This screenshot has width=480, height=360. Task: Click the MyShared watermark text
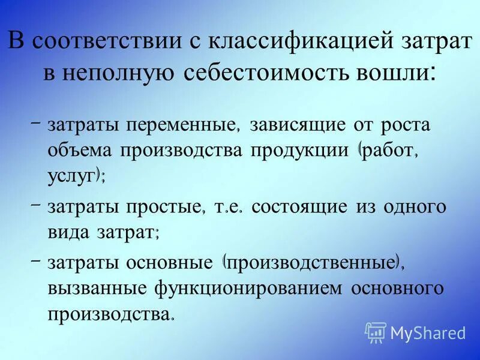[428, 333]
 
